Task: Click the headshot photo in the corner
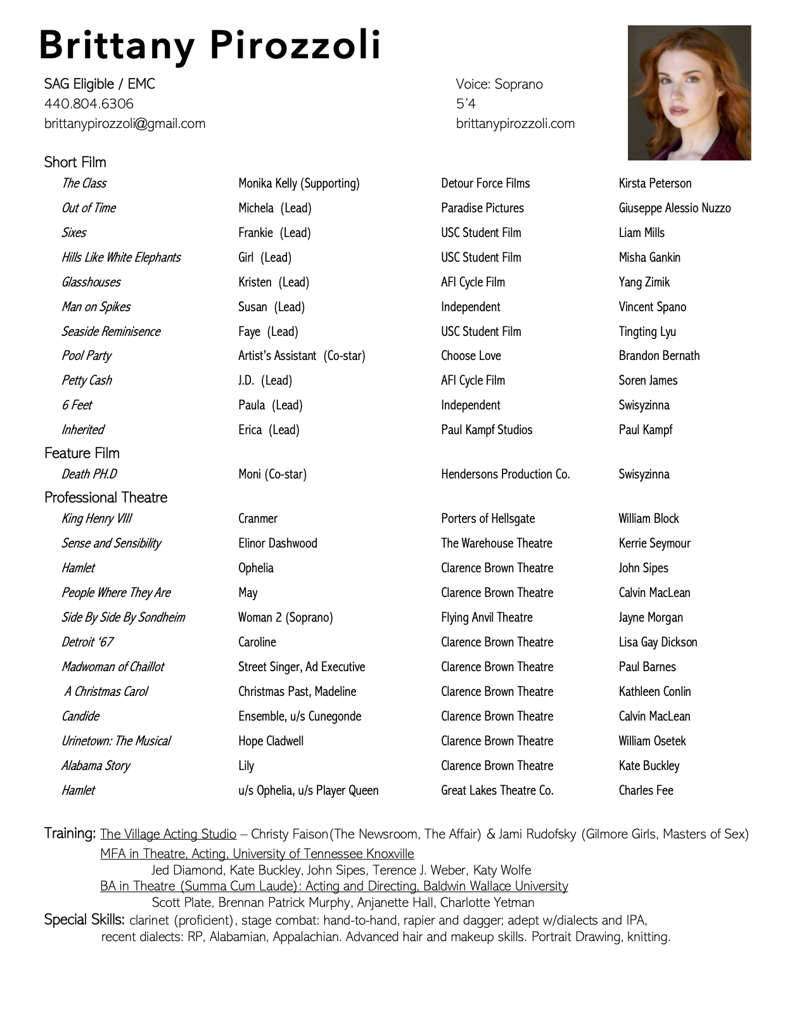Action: coord(689,93)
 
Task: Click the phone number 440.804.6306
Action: coord(89,103)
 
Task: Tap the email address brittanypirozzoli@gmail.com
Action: coord(125,124)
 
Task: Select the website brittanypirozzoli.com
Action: coord(515,124)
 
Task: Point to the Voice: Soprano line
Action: coord(499,84)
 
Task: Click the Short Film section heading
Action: coord(75,162)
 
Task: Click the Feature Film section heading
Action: coord(82,453)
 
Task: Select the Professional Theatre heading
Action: coord(106,497)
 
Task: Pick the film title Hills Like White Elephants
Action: coord(120,257)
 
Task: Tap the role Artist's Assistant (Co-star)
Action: coord(302,356)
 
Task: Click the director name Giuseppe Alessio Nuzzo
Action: coord(674,208)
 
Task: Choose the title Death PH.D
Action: coord(89,474)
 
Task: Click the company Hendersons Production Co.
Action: coord(505,474)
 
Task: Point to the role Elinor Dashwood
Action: coord(278,543)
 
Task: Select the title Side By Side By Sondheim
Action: coord(123,617)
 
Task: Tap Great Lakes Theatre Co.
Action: coord(497,790)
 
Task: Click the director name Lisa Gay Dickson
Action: coord(658,642)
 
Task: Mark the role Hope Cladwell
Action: coord(271,741)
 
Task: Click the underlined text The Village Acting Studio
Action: coord(168,834)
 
